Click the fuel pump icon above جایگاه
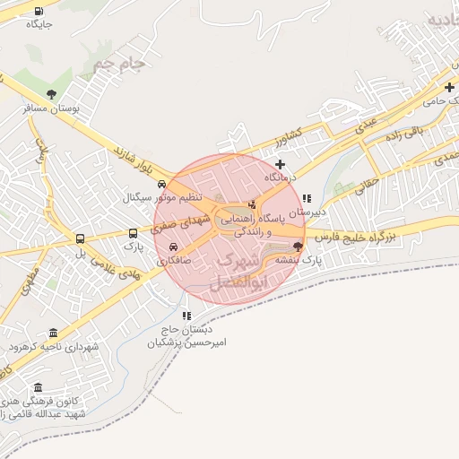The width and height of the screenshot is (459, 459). click(39, 11)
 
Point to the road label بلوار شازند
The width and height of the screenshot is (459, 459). click(134, 160)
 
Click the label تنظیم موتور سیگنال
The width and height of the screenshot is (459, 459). click(162, 196)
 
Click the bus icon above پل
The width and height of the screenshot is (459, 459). click(81, 239)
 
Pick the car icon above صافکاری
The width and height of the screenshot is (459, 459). click(174, 248)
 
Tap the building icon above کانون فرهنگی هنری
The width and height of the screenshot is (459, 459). click(38, 387)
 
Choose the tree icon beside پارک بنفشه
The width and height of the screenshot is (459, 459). click(299, 246)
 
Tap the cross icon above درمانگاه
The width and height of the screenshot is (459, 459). click(281, 164)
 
